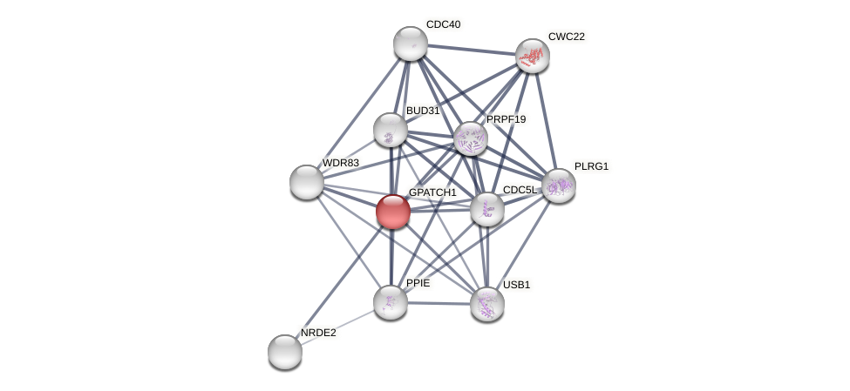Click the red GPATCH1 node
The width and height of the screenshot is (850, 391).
point(393,212)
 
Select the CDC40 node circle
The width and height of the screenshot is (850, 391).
point(411,44)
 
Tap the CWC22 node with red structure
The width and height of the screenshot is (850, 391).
point(532,56)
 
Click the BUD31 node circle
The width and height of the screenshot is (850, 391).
point(391,130)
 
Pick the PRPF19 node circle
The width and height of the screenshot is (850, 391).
point(471,138)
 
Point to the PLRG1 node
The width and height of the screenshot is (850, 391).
point(559,185)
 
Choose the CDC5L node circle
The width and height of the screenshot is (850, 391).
point(487,209)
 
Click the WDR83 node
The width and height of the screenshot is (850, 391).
point(307,181)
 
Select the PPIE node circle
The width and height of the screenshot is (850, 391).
point(391,301)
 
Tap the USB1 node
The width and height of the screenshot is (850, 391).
point(487,304)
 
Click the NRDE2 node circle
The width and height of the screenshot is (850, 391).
point(285,352)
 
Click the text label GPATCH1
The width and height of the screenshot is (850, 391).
point(432,192)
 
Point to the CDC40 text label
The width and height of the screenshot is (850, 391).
point(443,24)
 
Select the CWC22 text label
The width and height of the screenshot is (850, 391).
point(567,37)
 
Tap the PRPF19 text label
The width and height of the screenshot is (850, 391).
point(506,119)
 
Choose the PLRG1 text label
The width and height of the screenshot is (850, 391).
point(591,166)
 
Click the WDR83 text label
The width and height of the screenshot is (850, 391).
point(340,163)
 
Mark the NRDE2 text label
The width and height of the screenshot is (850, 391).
point(318,333)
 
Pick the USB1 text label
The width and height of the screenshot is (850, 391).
point(516,285)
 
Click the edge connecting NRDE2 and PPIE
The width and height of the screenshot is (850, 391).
point(337,327)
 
